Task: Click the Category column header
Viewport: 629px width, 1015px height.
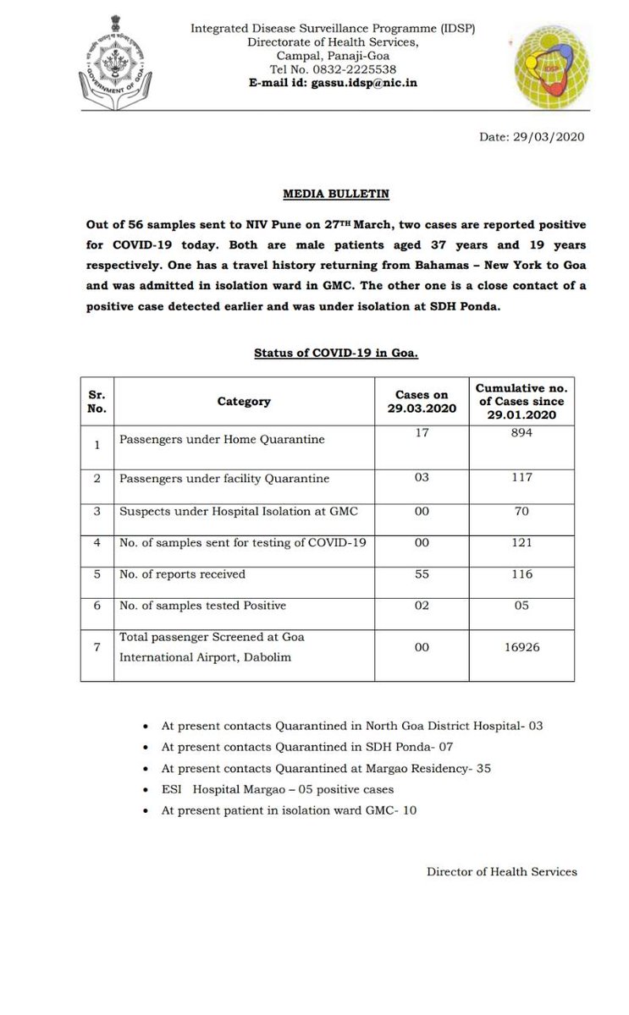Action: coord(244,401)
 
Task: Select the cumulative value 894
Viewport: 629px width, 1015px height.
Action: coord(521,431)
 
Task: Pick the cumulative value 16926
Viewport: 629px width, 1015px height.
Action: coord(521,646)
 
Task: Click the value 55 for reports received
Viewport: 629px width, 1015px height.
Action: coord(421,573)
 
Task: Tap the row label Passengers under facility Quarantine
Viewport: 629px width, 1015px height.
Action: coord(224,479)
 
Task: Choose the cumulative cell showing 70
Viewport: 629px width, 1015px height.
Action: coord(521,511)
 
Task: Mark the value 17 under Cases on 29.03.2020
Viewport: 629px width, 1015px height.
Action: coord(421,431)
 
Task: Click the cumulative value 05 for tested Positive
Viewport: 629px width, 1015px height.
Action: coord(521,605)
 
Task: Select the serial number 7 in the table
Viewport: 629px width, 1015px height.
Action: coord(97,646)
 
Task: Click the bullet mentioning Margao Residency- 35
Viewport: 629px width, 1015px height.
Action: coord(326,769)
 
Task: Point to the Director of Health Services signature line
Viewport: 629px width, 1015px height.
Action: coord(501,871)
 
